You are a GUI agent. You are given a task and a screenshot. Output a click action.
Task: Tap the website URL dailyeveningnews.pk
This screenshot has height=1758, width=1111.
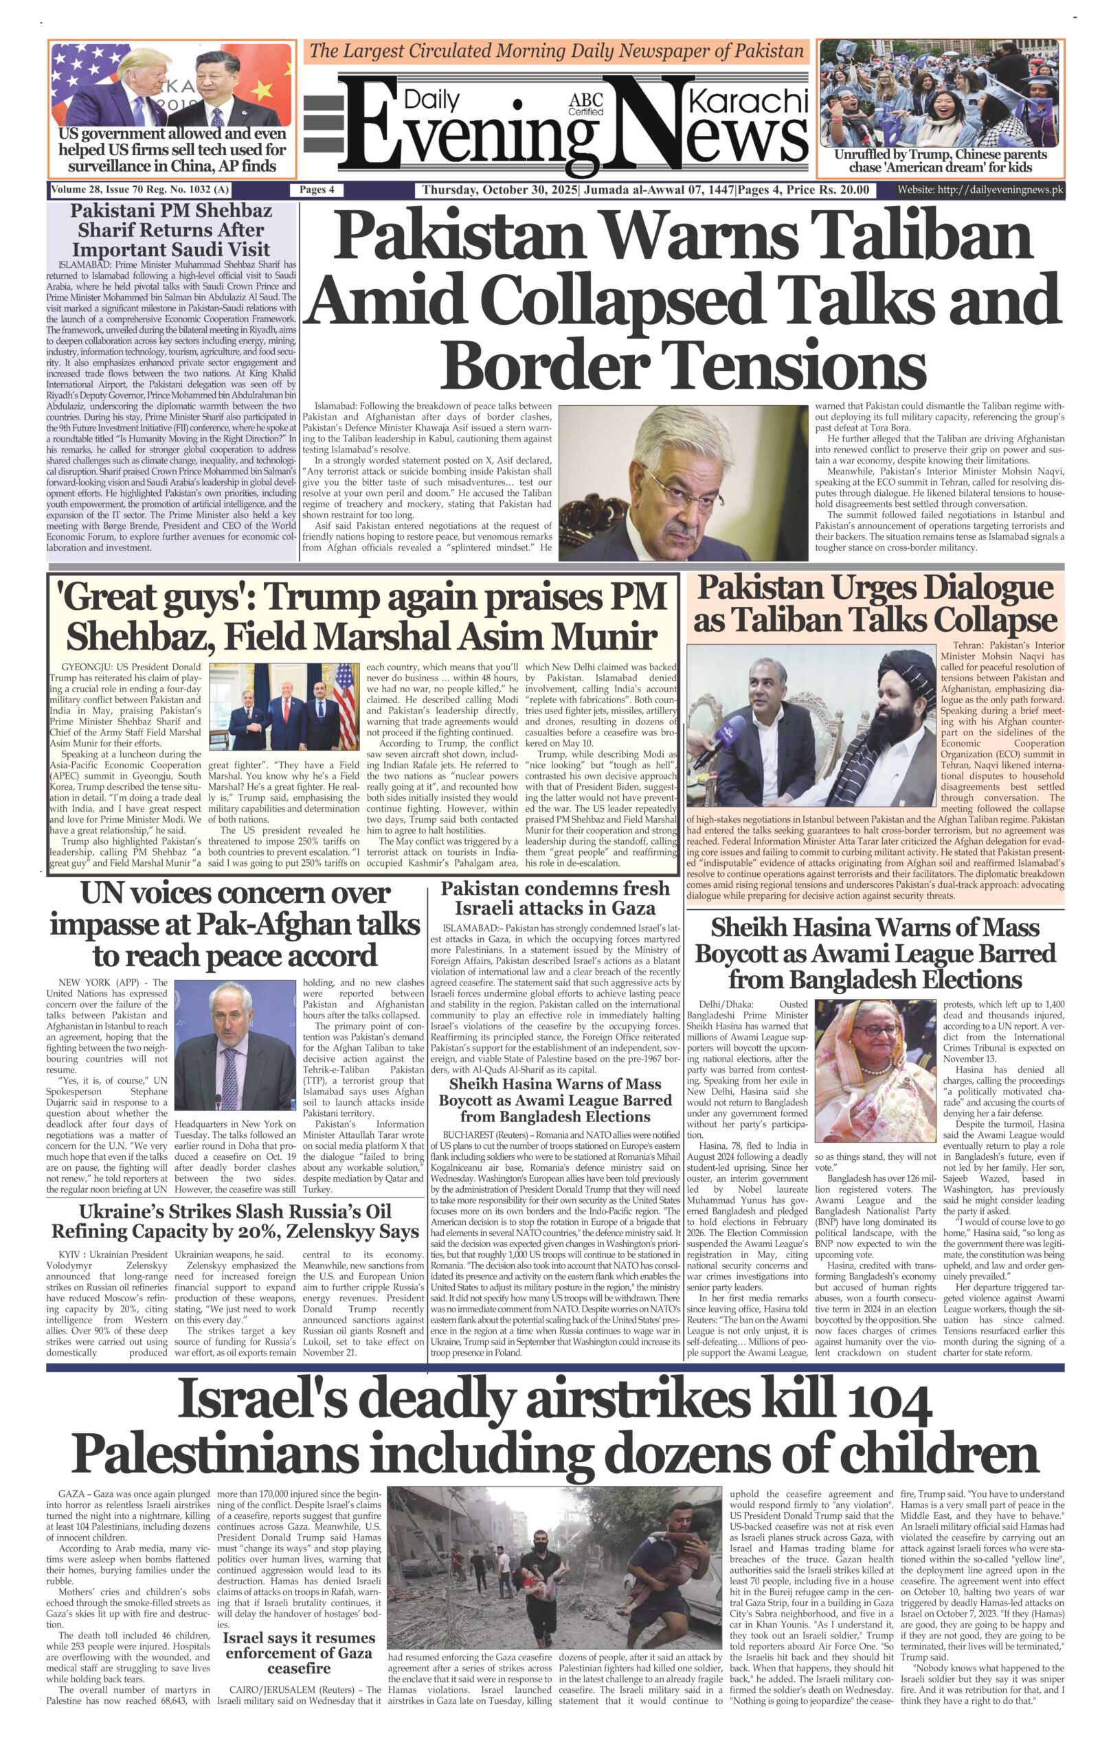pyautogui.click(x=980, y=190)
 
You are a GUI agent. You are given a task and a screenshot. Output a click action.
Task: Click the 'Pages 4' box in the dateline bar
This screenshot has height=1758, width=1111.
pyautogui.click(x=316, y=190)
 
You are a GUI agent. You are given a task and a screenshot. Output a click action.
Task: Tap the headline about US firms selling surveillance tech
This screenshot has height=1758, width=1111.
pyautogui.click(x=172, y=150)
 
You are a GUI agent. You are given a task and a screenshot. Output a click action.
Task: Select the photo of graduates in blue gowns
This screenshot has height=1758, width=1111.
pyautogui.click(x=940, y=93)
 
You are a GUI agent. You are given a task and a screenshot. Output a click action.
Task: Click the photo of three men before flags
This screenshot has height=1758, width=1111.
pyautogui.click(x=284, y=706)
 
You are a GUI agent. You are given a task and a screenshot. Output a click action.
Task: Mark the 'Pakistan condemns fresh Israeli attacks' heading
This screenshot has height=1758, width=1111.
pyautogui.click(x=554, y=898)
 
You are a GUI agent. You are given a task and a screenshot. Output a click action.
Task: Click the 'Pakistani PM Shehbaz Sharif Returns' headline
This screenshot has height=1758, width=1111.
pyautogui.click(x=171, y=229)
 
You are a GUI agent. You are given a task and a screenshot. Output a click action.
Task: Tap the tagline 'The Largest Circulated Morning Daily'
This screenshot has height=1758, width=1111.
pyautogui.click(x=556, y=51)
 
